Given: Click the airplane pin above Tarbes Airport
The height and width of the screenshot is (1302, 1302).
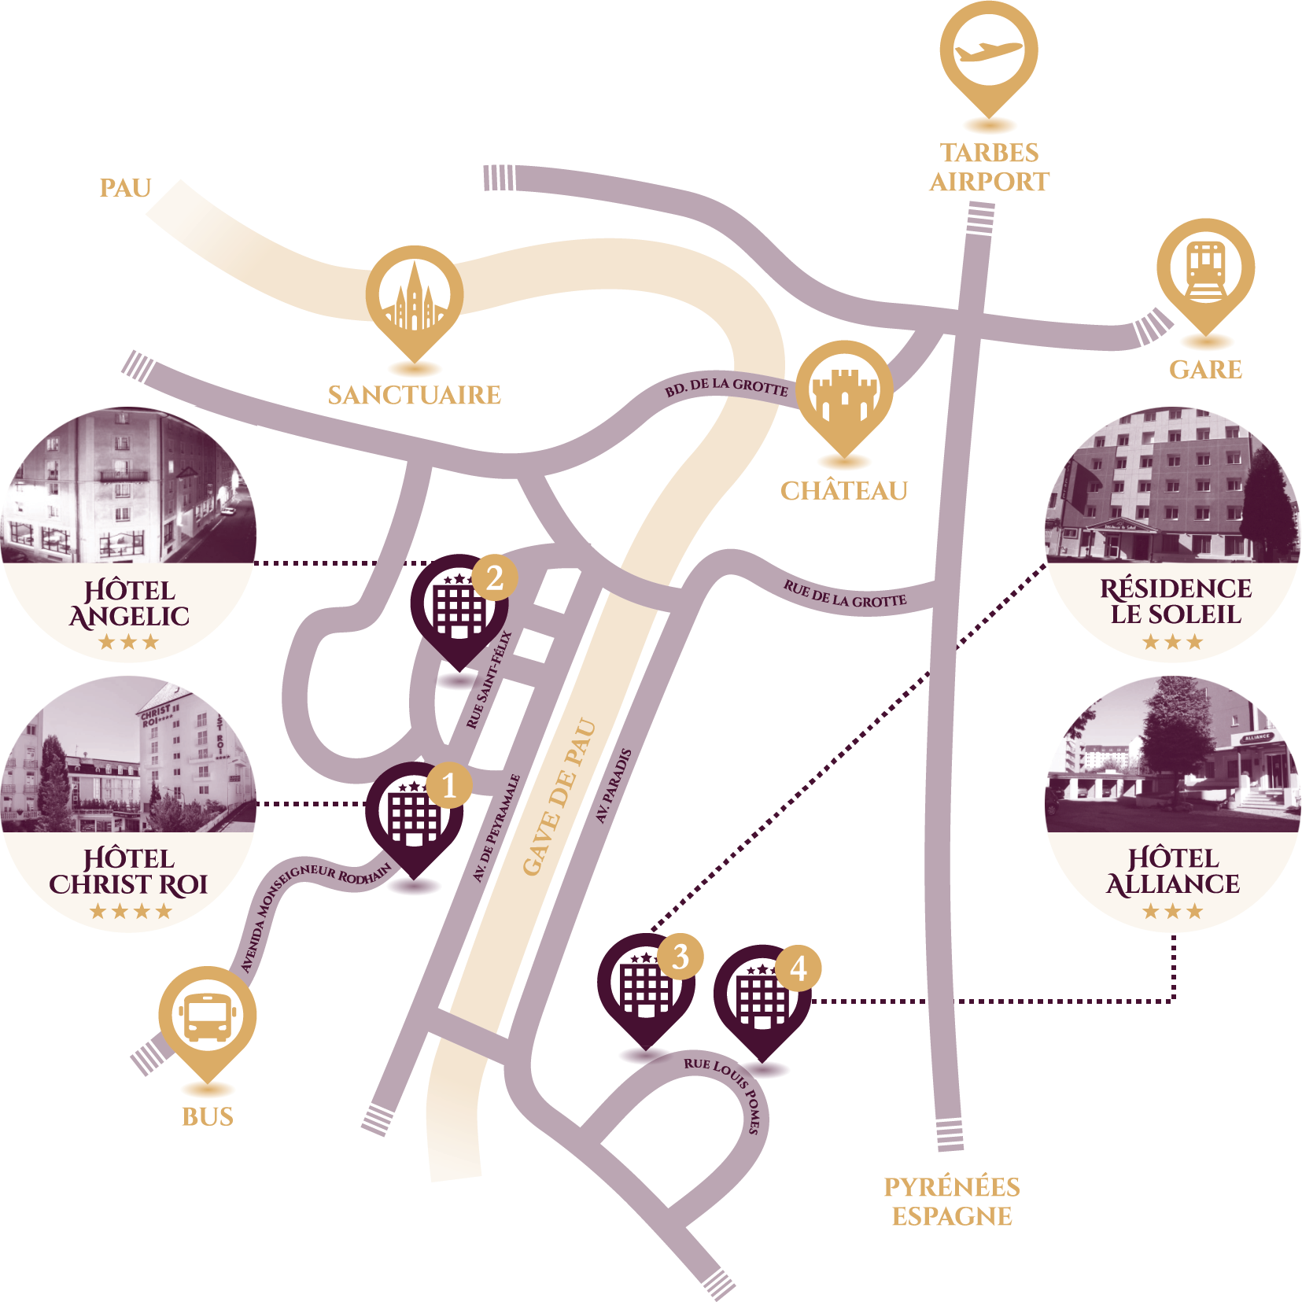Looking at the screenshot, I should pyautogui.click(x=988, y=52).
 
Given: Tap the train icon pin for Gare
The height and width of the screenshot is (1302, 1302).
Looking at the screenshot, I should pyautogui.click(x=1205, y=269).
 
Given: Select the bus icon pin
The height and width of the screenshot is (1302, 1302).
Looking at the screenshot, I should pyautogui.click(x=208, y=1016).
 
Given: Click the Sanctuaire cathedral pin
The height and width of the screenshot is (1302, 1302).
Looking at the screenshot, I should pyautogui.click(x=415, y=297).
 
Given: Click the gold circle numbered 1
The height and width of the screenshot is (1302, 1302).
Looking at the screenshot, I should pyautogui.click(x=449, y=784).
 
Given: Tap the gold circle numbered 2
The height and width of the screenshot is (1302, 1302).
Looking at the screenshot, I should pyautogui.click(x=495, y=578).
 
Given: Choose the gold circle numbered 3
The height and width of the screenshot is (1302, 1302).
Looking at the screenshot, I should pyautogui.click(x=681, y=957).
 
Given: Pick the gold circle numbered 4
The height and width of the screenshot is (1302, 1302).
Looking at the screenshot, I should pyautogui.click(x=799, y=968).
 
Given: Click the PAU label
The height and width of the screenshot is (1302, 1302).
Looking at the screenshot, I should pyautogui.click(x=125, y=189).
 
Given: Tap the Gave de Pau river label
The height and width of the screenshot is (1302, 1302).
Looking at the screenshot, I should pyautogui.click(x=559, y=796).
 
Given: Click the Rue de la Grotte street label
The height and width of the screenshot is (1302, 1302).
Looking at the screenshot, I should pyautogui.click(x=845, y=594).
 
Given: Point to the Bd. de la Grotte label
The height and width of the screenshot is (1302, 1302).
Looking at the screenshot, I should pyautogui.click(x=726, y=386).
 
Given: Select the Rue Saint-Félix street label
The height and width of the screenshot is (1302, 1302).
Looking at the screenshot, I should pyautogui.click(x=489, y=680).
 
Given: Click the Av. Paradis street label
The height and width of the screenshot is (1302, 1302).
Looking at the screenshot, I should pyautogui.click(x=614, y=786).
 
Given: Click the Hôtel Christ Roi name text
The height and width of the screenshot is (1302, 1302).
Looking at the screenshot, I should pyautogui.click(x=128, y=872).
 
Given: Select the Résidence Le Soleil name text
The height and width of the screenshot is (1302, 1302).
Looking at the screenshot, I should pyautogui.click(x=1175, y=601).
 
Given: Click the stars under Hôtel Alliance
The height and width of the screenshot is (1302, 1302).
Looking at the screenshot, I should pyautogui.click(x=1173, y=912).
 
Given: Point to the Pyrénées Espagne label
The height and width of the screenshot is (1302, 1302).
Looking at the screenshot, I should pyautogui.click(x=951, y=1201).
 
